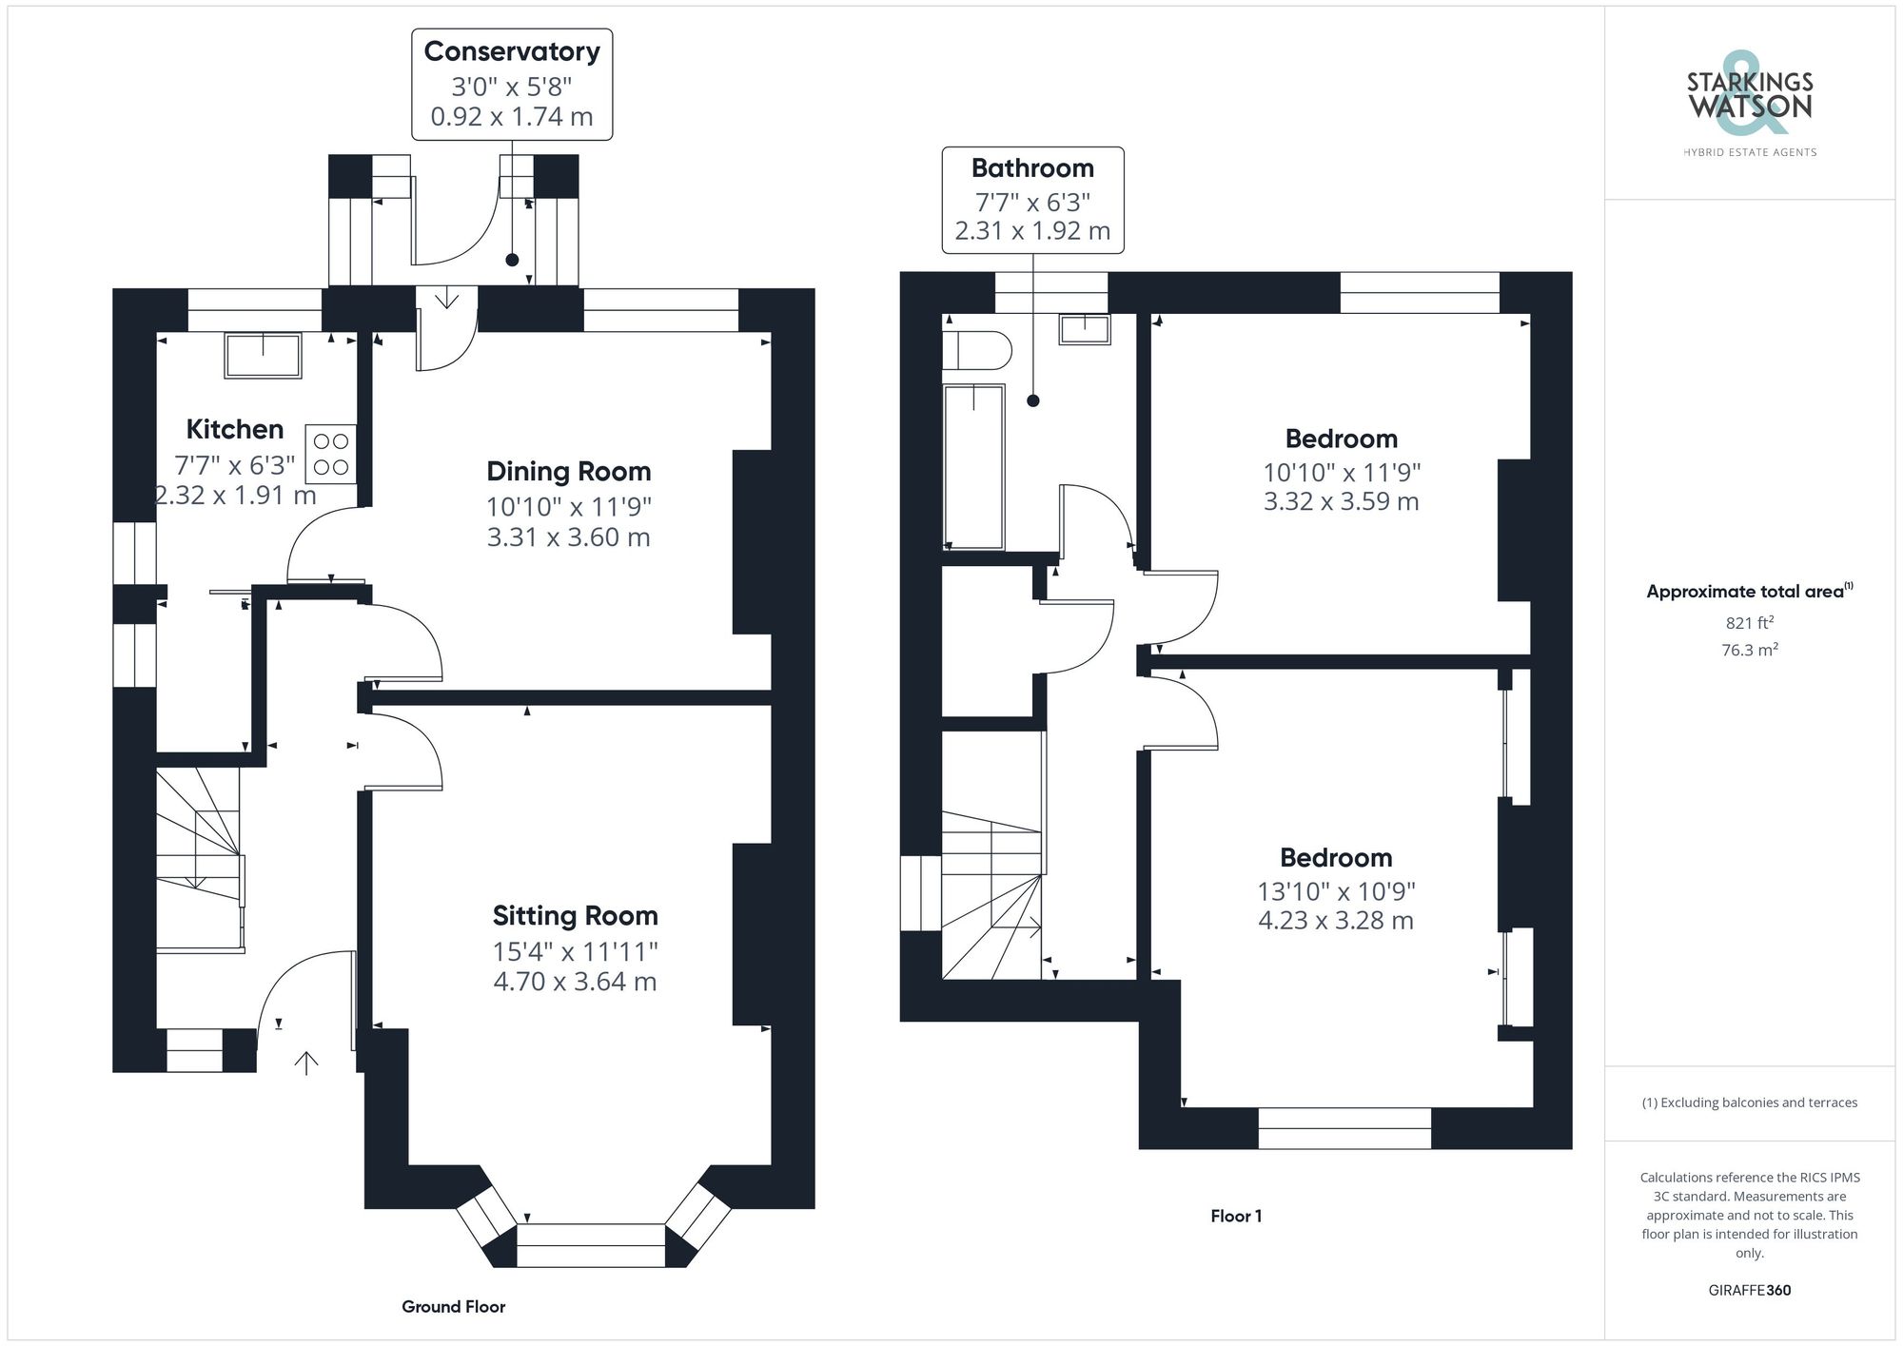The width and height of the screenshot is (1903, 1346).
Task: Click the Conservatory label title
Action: [511, 51]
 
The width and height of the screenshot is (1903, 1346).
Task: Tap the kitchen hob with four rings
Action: [330, 454]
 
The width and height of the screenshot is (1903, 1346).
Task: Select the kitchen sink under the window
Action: [263, 355]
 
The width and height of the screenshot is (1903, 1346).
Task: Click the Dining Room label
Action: [568, 472]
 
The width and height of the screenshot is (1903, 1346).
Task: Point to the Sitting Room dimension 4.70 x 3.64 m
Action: [575, 982]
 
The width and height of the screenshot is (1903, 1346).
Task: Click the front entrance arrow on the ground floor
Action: [305, 1063]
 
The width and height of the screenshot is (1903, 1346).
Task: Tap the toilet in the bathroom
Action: [975, 350]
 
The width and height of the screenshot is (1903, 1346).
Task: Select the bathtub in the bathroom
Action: [973, 467]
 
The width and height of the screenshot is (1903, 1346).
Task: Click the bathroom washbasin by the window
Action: [1085, 329]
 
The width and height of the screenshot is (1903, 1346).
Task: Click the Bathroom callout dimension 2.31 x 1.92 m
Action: [1032, 231]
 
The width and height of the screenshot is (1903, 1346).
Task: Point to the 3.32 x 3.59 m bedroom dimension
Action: [1341, 501]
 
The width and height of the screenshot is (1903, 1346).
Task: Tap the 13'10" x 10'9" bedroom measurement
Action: [1336, 891]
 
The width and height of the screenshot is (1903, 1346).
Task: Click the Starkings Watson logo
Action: [1749, 97]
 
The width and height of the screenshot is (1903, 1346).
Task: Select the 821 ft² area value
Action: [1749, 623]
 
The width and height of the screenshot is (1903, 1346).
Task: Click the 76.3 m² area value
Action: [1749, 651]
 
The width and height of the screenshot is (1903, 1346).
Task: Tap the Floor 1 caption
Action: [1235, 1216]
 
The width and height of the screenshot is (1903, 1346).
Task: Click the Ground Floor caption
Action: [453, 1307]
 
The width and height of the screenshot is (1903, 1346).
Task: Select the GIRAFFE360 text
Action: [1749, 1291]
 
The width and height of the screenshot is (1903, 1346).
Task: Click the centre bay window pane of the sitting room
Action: [590, 1245]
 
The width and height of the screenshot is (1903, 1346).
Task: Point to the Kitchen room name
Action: [234, 430]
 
